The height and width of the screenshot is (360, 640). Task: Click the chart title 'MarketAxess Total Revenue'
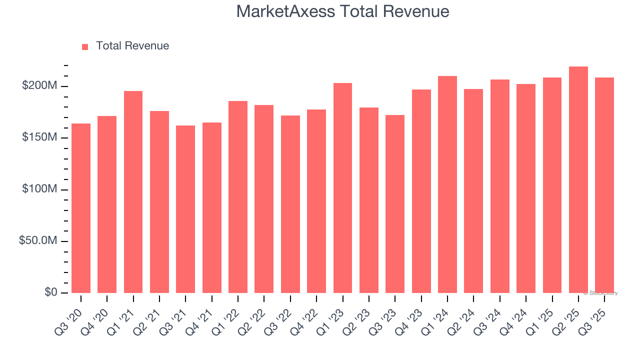pos(342,11)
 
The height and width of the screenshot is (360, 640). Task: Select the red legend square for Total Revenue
pos(85,46)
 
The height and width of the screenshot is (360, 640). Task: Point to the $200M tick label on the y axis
pos(39,86)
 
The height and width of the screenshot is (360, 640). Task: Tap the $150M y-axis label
pos(39,137)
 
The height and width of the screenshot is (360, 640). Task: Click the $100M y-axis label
pos(39,189)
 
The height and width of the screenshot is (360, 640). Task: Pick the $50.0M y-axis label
pos(38,241)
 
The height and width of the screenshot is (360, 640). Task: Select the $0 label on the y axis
pos(50,292)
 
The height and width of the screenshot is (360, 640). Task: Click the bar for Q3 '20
pos(81,208)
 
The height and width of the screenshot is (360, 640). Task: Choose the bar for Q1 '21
pos(133,192)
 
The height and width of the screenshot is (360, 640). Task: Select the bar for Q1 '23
pos(342,188)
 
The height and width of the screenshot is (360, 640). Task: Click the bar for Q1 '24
pos(447,184)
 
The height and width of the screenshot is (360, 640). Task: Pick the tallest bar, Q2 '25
pos(578,180)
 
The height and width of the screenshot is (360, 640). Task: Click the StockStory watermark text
pos(600,293)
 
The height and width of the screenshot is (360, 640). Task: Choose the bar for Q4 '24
pos(526,188)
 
